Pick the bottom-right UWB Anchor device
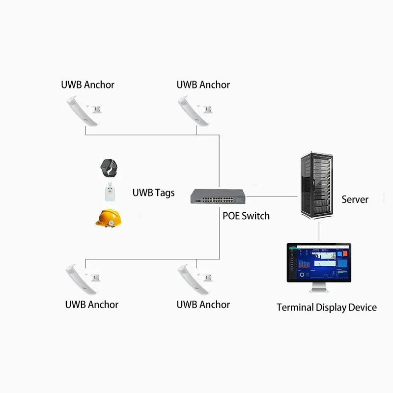coord(195,279)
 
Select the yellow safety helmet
coord(109,218)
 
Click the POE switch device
coord(218,196)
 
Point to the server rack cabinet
coord(318,187)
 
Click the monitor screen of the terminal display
coord(319,263)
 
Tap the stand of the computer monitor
coord(319,288)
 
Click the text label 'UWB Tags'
coord(153,193)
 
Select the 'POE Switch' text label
coord(246,216)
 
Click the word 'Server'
coord(355,199)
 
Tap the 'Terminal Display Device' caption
coord(327,308)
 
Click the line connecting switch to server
coord(273,196)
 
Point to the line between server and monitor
coord(319,231)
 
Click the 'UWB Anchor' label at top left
coord(87,84)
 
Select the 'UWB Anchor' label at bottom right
coord(203,305)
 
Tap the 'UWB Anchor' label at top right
coord(203,84)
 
